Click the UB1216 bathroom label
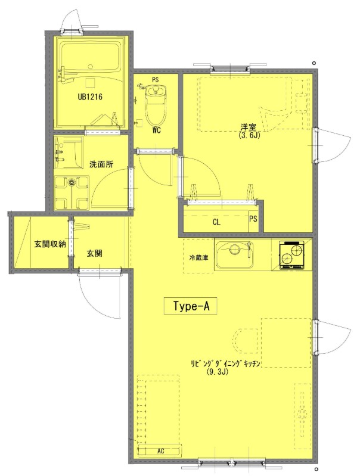(90, 97)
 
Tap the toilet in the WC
(156, 104)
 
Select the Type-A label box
(191, 306)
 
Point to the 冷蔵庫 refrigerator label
(198, 258)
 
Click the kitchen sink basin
(234, 254)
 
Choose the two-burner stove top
(291, 255)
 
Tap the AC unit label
(161, 451)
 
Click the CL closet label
(216, 222)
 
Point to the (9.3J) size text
(217, 372)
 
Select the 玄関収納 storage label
(50, 244)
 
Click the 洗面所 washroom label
(101, 164)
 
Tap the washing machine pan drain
(72, 182)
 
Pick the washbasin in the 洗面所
(69, 152)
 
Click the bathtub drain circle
(90, 67)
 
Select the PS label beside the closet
(253, 219)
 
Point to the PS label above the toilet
(155, 80)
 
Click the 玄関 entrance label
(94, 253)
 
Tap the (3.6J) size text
(250, 135)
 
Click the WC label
(156, 131)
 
